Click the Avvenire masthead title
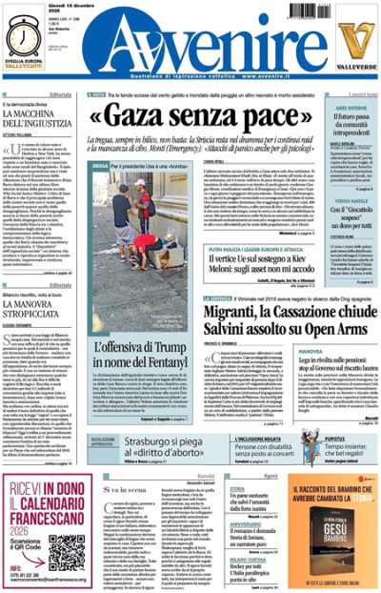[190, 43]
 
